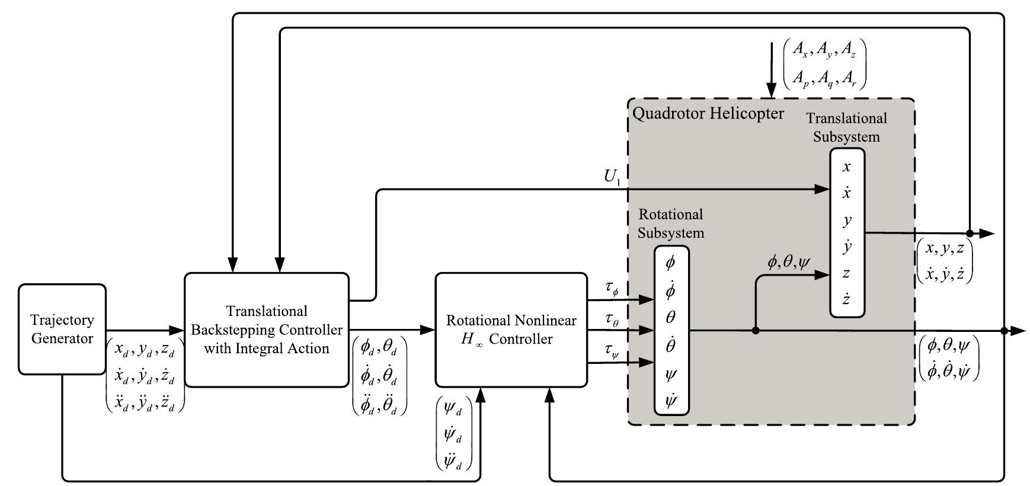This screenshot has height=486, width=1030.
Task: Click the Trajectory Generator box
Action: click(x=62, y=329)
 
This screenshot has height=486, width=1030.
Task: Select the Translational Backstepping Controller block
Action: click(x=266, y=330)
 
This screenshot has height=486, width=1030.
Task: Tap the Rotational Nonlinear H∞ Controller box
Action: click(x=511, y=330)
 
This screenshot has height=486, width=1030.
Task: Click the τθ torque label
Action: click(x=612, y=319)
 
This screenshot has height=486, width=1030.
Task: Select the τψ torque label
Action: click(x=612, y=351)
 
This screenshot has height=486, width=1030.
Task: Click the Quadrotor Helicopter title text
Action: click(x=708, y=113)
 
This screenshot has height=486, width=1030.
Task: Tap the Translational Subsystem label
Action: click(x=846, y=127)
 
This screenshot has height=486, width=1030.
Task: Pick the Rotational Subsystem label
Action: click(x=670, y=223)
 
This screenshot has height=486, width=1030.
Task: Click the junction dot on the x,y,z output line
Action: click(x=970, y=233)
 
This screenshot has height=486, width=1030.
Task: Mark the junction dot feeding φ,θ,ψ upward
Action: click(x=755, y=331)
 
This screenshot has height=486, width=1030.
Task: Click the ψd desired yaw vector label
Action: click(x=453, y=409)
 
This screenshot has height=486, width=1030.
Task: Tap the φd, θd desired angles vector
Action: click(x=379, y=346)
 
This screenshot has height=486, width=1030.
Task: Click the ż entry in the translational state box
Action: click(x=846, y=299)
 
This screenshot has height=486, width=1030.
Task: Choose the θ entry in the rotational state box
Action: click(x=670, y=317)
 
